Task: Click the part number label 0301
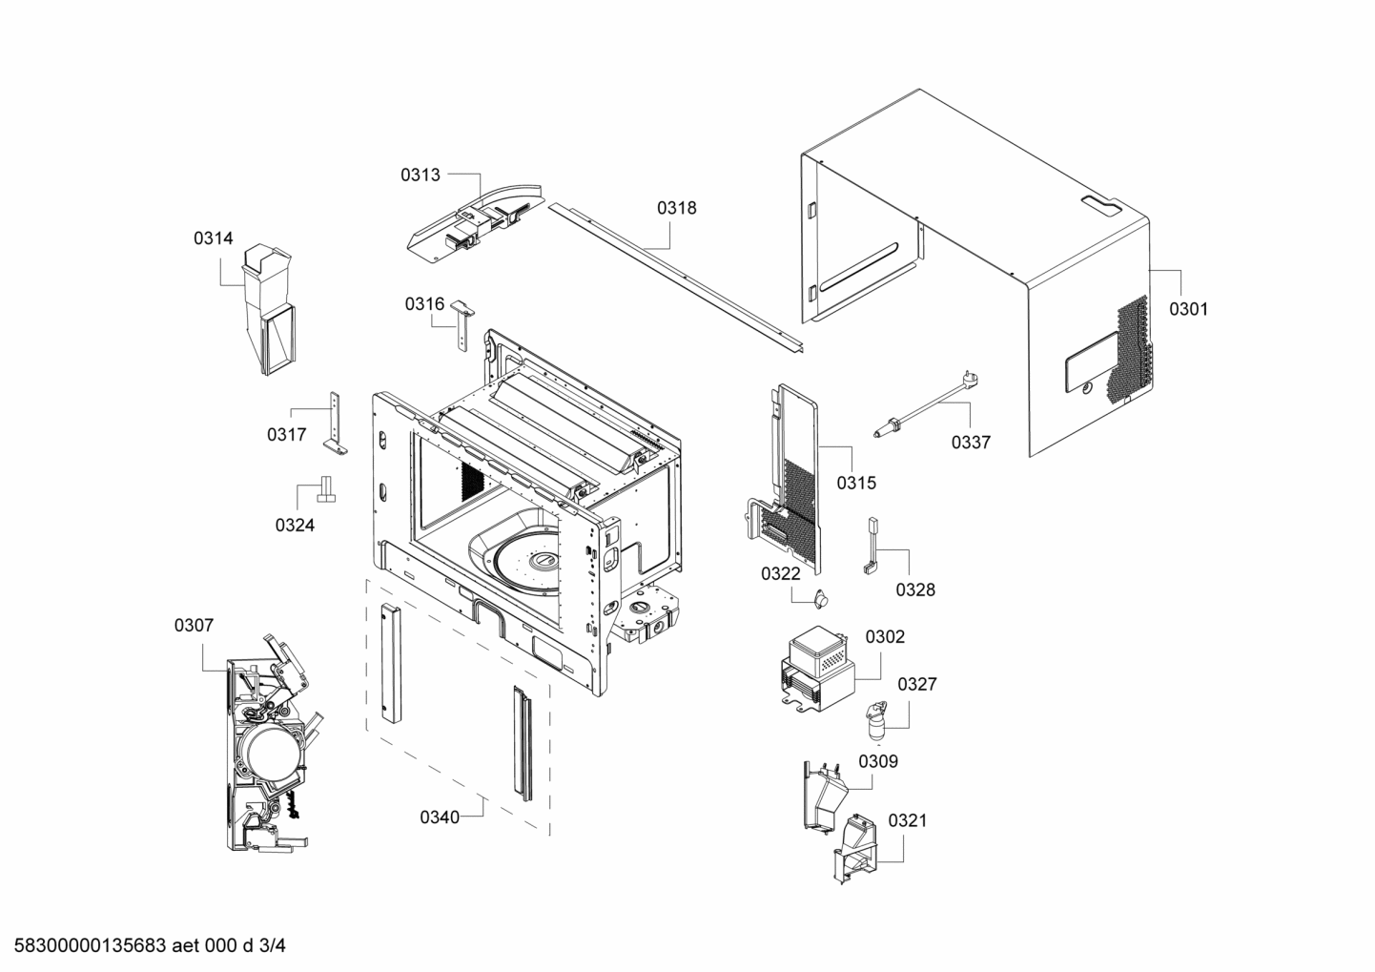click(1188, 309)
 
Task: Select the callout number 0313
click(421, 175)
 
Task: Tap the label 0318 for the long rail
click(676, 208)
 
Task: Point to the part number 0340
click(440, 817)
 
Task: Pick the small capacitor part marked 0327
click(875, 722)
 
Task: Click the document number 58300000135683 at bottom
click(86, 946)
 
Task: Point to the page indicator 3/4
click(273, 946)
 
